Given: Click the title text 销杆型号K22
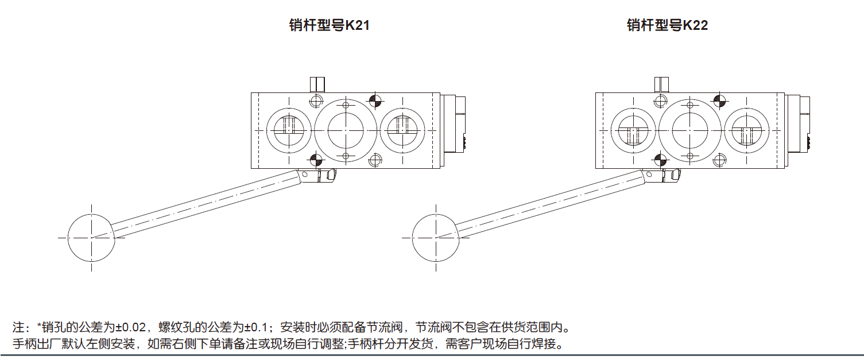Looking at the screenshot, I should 667,26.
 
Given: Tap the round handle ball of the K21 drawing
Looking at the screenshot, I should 91,237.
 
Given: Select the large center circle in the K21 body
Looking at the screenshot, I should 346,130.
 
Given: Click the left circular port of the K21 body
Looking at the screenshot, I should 289,130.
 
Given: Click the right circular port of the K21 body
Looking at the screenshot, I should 402,130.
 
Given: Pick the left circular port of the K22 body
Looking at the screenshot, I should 633,130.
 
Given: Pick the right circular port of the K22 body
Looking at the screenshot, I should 746,130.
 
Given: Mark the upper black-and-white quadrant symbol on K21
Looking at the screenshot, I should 375,101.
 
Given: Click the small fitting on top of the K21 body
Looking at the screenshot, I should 317,84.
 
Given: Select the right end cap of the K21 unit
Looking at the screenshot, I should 454,130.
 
